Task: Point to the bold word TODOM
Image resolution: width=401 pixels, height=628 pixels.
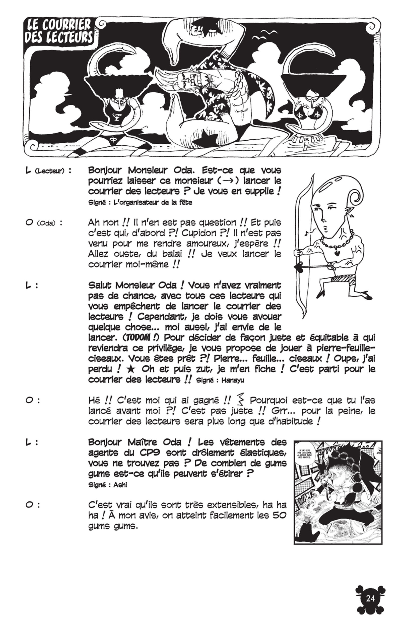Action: click(x=140, y=338)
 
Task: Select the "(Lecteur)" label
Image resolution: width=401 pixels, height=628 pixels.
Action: click(x=49, y=171)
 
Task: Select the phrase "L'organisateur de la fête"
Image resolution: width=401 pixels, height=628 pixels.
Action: click(x=154, y=202)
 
